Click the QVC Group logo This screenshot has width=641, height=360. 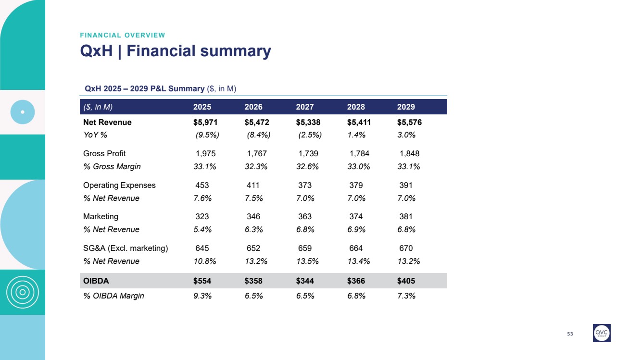click(x=602, y=333)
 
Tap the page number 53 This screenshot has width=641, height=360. click(x=570, y=334)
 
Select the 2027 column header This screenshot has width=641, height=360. click(x=305, y=107)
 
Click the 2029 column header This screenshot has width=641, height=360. click(x=406, y=107)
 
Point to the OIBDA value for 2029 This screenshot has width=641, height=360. click(x=406, y=281)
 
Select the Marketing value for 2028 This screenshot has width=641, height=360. click(x=356, y=216)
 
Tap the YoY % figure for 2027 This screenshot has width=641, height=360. click(x=310, y=135)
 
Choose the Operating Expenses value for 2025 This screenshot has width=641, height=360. click(x=202, y=185)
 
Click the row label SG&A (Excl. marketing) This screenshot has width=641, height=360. click(x=126, y=248)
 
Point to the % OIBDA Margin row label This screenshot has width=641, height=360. click(x=113, y=296)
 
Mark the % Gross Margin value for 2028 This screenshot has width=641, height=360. click(x=356, y=167)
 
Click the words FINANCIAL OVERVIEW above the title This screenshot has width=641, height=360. click(x=123, y=35)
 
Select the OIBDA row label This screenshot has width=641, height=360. click(x=96, y=281)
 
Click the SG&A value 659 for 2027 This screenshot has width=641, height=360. click(x=305, y=248)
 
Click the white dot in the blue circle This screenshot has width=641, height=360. click(x=23, y=112)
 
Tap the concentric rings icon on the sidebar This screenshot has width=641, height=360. click(x=23, y=292)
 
